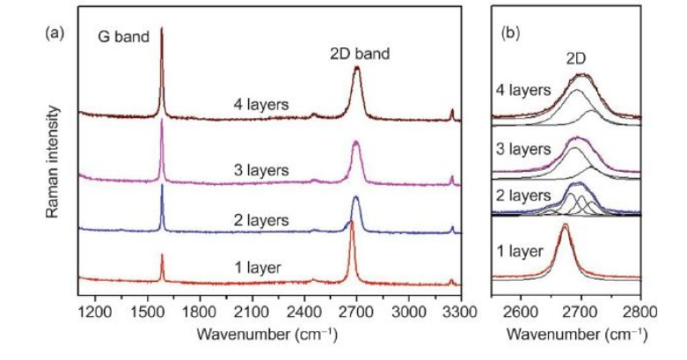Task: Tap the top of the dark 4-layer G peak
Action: pos(162,28)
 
